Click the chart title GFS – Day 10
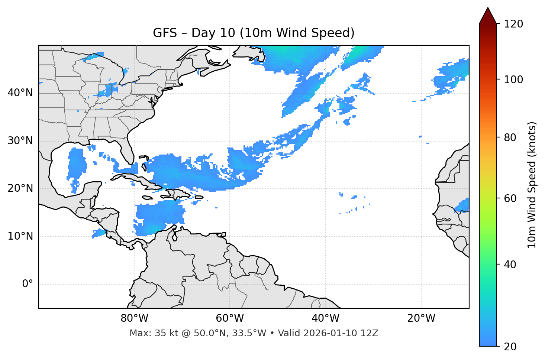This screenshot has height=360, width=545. coord(254,33)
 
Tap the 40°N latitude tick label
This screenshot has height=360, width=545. coord(20,93)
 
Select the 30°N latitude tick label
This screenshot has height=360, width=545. coord(20,141)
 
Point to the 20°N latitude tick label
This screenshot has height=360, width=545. coord(20,188)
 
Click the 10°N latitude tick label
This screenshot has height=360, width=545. coord(20,236)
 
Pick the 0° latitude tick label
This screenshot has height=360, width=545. coord(28,284)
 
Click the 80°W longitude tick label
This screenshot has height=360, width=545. coord(134,318)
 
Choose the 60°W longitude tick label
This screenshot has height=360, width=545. coord(230,318)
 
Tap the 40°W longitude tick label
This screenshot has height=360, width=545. coord(325,318)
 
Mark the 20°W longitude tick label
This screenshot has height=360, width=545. coord(421,318)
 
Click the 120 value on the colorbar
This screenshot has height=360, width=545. coord(513,24)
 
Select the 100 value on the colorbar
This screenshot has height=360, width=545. coord(513,80)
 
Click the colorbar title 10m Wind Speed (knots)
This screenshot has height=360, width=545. coord(532,185)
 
